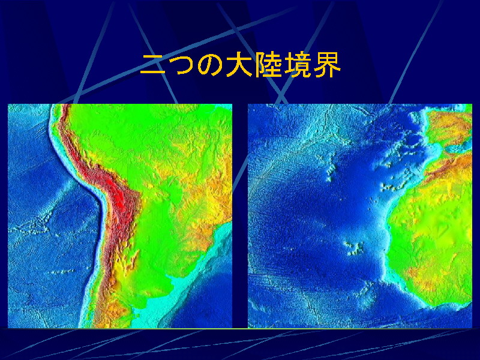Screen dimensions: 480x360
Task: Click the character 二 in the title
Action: (153, 65)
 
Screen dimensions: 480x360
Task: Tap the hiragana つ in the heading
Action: (182, 65)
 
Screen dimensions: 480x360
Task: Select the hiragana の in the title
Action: (211, 65)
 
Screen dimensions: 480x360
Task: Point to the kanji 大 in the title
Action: (239, 65)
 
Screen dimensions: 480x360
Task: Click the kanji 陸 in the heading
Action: (268, 65)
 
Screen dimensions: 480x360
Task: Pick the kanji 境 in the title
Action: (296, 65)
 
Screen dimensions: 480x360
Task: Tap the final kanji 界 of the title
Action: (326, 65)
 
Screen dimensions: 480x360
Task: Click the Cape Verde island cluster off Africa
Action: (355, 248)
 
